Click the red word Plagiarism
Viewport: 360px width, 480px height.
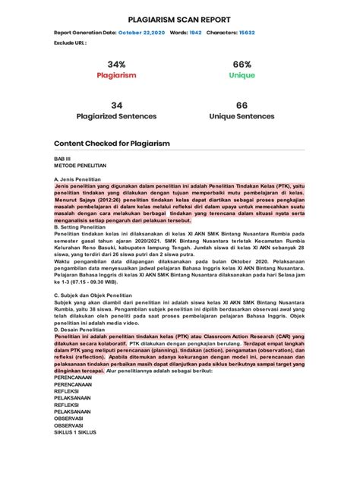[116, 76]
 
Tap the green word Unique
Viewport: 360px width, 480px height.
[242, 76]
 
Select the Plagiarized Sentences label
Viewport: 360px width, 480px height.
[116, 117]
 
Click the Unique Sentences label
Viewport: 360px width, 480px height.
[242, 117]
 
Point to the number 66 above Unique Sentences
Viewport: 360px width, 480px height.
[242, 105]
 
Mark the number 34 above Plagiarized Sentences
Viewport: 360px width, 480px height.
[116, 105]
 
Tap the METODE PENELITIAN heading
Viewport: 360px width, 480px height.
[80, 165]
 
